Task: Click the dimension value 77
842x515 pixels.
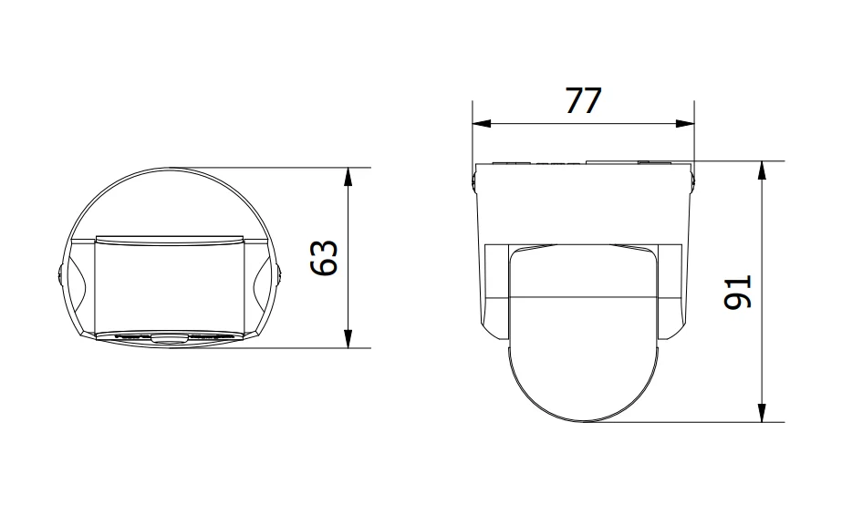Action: pyautogui.click(x=584, y=101)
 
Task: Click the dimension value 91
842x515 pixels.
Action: pyautogui.click(x=738, y=292)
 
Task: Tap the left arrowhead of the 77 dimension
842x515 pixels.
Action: pyautogui.click(x=482, y=123)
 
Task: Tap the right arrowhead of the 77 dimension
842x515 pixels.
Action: pyautogui.click(x=685, y=123)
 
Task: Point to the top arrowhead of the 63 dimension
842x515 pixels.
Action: pyautogui.click(x=348, y=177)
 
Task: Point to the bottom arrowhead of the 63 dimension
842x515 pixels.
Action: pyautogui.click(x=348, y=338)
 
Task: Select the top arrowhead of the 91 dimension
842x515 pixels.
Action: pyautogui.click(x=762, y=170)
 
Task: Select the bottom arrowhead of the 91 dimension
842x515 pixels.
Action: pyautogui.click(x=762, y=413)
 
